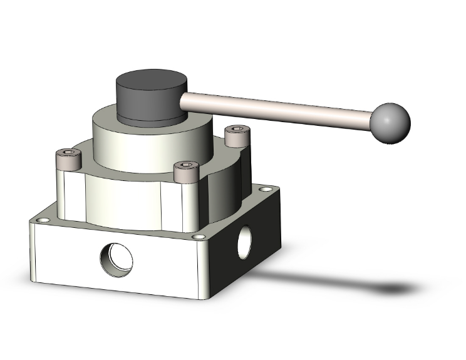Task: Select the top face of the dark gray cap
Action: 153,84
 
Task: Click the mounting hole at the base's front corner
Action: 199,237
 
